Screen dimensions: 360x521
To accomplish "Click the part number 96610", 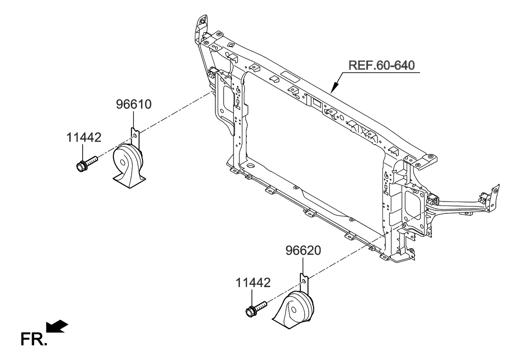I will tap(134, 104).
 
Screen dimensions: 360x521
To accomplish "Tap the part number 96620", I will tap(303, 251).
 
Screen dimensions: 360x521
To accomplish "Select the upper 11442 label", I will tap(84, 137).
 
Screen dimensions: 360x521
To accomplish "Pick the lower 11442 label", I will tap(253, 283).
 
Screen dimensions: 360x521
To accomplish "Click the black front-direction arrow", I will tap(56, 327).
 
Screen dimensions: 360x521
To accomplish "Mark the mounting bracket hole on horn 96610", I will tap(136, 132).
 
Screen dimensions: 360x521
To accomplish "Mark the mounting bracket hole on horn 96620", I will tap(304, 280).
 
